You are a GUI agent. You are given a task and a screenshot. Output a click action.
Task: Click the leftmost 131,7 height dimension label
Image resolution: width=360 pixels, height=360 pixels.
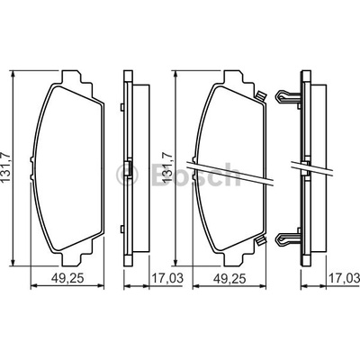coord(6,167)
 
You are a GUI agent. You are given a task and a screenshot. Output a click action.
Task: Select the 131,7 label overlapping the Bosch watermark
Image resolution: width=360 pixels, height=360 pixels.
coord(167,167)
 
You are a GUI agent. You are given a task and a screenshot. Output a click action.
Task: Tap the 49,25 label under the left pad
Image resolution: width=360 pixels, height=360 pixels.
coord(67,279)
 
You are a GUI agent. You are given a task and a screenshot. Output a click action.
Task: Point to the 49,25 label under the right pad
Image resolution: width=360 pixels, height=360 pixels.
coord(229,279)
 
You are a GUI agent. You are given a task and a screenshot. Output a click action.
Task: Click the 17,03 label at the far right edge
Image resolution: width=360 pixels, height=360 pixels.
coord(345,278)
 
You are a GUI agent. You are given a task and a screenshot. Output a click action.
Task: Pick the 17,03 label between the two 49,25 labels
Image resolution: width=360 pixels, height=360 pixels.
coord(167,278)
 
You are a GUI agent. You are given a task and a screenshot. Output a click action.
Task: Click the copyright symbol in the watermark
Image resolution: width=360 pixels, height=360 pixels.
coord(127,174)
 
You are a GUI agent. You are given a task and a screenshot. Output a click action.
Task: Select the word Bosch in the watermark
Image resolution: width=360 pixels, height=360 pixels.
coord(195,174)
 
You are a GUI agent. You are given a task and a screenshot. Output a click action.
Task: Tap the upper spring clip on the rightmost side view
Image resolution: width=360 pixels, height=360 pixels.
coord(288,96)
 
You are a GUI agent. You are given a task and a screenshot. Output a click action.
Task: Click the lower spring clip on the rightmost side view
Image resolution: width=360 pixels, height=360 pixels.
coord(288,238)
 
